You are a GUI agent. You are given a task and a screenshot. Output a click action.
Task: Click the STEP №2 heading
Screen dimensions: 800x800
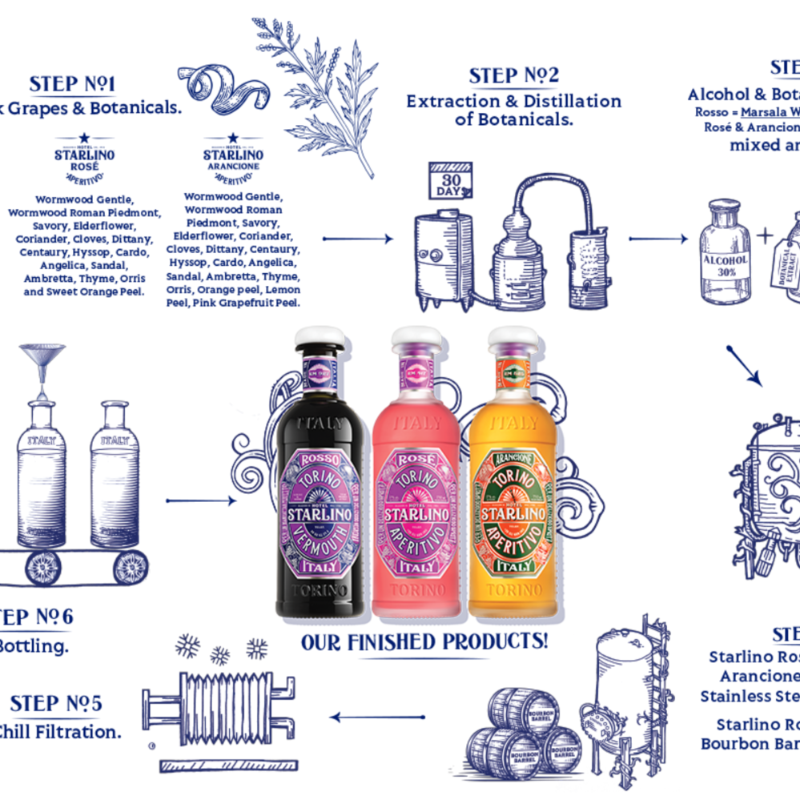(x=513, y=76)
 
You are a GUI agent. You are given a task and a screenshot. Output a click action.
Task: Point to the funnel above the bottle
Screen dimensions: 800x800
(x=42, y=360)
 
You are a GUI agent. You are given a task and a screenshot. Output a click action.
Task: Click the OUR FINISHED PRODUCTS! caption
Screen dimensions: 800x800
(x=424, y=642)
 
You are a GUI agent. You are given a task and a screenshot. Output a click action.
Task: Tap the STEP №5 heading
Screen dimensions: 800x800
(x=56, y=704)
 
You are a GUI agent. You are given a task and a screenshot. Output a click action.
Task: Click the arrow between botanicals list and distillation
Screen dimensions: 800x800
(x=358, y=238)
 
